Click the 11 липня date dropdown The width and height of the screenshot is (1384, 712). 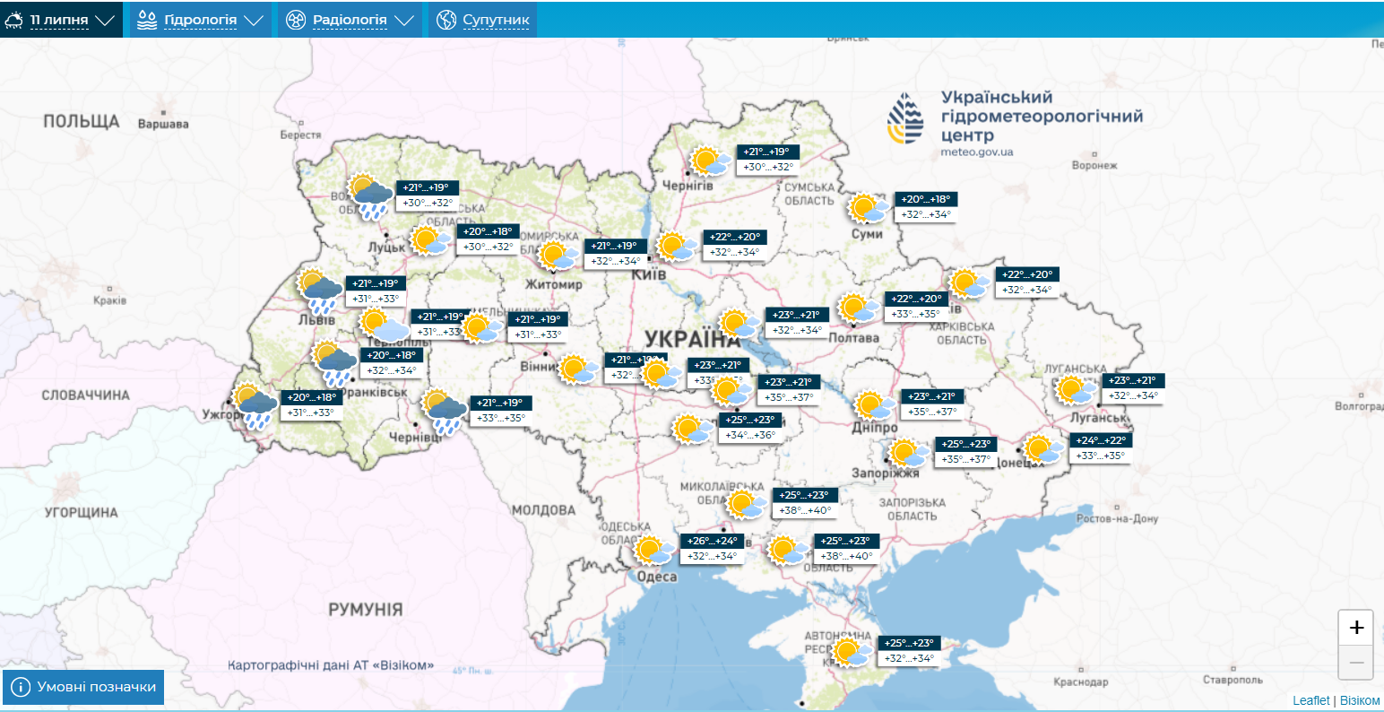point(61,20)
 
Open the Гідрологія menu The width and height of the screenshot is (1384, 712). point(201,20)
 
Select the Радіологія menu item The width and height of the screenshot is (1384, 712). point(350,20)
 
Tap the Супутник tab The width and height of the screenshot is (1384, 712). point(483,20)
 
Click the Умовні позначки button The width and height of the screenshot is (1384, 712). point(84,688)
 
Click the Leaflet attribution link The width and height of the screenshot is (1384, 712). point(1310,700)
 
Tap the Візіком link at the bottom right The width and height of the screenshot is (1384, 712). point(1360,700)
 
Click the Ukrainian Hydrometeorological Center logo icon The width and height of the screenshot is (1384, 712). point(905,117)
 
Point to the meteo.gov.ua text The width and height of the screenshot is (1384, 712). point(977,152)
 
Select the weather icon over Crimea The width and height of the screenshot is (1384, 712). point(851,652)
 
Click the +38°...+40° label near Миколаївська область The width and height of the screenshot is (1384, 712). point(804,510)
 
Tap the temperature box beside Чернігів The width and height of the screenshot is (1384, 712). point(767,160)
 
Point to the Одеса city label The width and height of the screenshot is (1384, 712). point(656,577)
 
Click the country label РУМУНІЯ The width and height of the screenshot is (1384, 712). point(365,609)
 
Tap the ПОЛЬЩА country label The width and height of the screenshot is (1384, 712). point(81,121)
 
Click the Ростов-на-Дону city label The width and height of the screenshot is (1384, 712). point(1117,518)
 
